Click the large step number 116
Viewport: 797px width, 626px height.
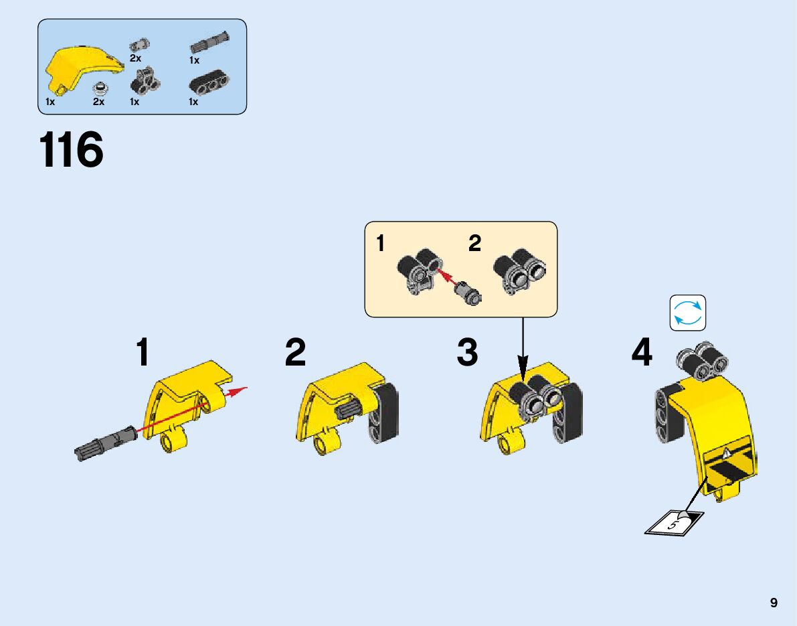point(72,150)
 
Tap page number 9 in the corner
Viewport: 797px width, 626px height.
point(774,603)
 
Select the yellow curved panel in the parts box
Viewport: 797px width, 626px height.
point(80,66)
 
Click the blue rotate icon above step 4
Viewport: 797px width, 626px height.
point(688,313)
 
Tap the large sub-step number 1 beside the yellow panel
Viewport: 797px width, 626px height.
point(143,352)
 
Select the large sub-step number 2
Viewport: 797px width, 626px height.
point(295,352)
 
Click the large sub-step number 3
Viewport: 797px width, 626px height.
point(467,352)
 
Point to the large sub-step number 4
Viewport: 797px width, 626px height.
point(642,352)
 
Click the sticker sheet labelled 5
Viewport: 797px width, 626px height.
point(675,522)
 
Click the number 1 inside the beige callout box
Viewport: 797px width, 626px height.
point(381,244)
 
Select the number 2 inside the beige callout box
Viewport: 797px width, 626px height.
point(474,244)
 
